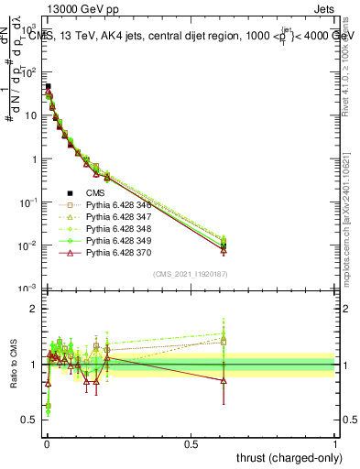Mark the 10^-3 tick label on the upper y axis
(x=27, y=289)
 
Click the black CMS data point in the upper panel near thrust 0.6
(x=224, y=245)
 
